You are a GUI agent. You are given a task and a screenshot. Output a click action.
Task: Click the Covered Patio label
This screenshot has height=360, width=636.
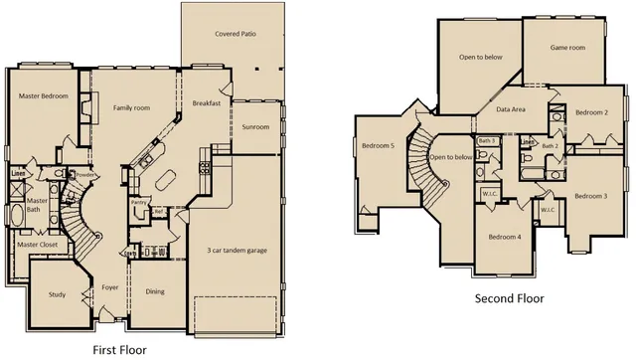(236, 33)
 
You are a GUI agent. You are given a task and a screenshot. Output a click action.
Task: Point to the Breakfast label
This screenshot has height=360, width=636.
(206, 103)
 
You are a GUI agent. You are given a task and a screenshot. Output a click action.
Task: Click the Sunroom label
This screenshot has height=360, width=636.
(255, 127)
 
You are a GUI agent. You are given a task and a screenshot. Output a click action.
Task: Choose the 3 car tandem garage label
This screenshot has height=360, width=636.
(235, 250)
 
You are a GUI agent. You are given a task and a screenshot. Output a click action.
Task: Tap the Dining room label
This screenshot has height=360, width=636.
(155, 291)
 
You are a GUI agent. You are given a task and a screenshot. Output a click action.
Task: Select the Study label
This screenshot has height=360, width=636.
(58, 294)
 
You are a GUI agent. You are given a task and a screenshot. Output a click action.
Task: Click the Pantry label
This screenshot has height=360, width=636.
(139, 202)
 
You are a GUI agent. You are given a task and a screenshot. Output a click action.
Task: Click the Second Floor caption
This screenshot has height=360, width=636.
(510, 298)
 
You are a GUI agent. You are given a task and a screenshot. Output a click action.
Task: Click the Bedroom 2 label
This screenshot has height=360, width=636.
(591, 112)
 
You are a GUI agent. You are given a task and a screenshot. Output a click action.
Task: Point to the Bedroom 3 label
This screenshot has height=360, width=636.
(590, 196)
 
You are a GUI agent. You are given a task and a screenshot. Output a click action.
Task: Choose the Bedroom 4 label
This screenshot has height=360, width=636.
(505, 237)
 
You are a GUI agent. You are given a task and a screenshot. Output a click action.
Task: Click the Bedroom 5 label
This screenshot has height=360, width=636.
(379, 147)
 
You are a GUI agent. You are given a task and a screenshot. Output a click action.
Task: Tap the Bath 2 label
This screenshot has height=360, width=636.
(550, 146)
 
